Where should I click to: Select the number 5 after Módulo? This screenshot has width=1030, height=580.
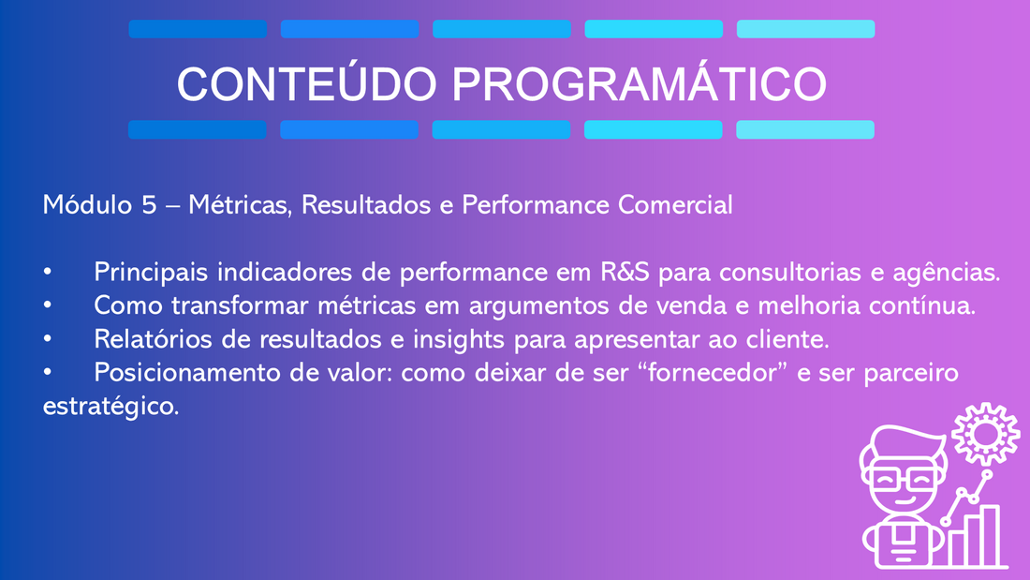click(x=149, y=205)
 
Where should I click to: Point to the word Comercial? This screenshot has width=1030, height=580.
click(x=674, y=205)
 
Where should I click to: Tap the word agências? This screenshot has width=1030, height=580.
click(x=947, y=273)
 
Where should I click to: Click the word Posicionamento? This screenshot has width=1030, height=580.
click(x=187, y=373)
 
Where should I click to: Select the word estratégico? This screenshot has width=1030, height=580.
click(x=111, y=407)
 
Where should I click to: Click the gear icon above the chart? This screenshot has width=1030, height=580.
click(x=985, y=434)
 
